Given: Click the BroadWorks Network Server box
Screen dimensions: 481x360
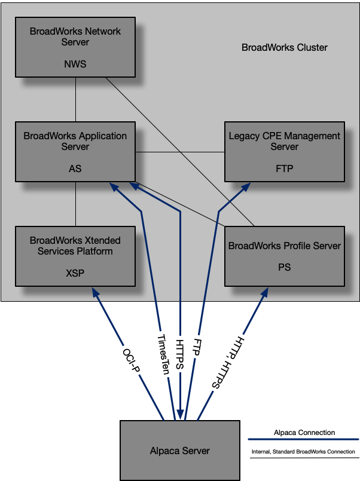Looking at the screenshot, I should click(x=75, y=47).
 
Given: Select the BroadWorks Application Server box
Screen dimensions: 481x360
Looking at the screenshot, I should click(x=75, y=152).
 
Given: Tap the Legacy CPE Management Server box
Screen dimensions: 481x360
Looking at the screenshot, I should click(x=285, y=152).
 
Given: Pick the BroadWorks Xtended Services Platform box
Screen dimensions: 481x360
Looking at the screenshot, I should click(x=75, y=256).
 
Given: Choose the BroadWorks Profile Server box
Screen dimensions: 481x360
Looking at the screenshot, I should click(x=285, y=256).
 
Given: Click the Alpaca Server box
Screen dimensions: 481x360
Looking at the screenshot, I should click(x=180, y=451).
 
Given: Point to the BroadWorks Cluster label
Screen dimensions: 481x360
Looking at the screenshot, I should click(x=285, y=48).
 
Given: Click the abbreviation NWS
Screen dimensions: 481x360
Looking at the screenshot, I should click(x=75, y=64).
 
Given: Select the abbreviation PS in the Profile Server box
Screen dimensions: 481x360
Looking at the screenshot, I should click(x=285, y=267).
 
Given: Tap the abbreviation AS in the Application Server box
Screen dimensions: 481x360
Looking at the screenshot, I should click(x=75, y=168).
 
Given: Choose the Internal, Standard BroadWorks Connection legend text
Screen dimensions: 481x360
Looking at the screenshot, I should click(x=303, y=452).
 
